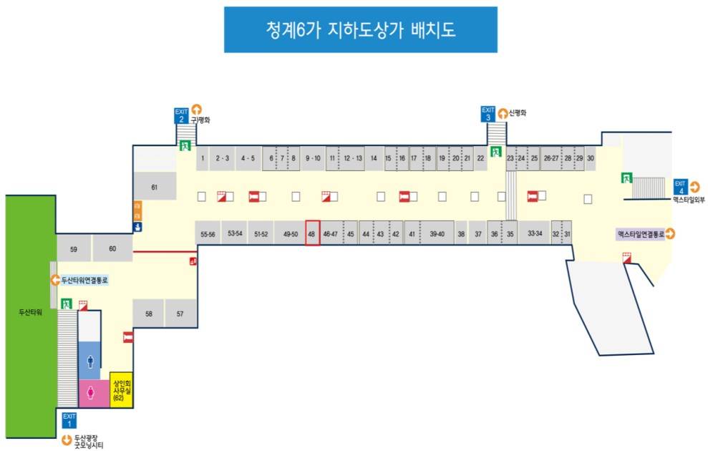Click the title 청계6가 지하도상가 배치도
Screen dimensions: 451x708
360,30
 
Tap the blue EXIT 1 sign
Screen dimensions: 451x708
69,420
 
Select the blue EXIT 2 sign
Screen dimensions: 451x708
180,115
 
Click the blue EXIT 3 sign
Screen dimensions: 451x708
488,114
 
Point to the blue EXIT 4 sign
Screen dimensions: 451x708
679,188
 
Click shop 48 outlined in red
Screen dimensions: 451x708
311,233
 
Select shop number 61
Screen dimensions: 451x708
154,187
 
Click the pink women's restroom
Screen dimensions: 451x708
91,393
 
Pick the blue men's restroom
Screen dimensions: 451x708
90,361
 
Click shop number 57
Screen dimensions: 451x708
180,314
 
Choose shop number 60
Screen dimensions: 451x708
112,248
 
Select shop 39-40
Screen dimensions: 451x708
437,233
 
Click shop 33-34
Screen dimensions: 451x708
534,233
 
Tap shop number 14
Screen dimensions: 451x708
373,157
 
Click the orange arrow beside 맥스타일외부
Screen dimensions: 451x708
695,188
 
